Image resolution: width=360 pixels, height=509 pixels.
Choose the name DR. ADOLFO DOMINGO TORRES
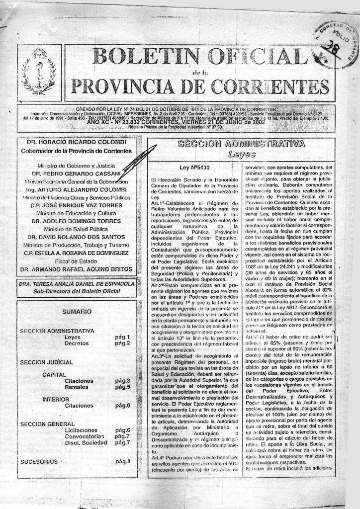coord(76,221)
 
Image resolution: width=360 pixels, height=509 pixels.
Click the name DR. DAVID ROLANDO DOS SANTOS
coord(76,237)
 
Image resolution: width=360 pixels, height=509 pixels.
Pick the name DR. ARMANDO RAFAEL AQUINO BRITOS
coord(76,269)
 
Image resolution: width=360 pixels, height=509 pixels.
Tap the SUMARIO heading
coord(77,312)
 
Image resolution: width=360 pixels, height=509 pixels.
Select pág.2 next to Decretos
coord(122,343)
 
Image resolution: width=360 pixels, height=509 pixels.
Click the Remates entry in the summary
coord(76,387)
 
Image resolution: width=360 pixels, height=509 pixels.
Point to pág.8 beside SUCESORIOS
coord(122,461)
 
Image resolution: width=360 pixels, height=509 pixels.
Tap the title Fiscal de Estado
coord(76,260)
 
